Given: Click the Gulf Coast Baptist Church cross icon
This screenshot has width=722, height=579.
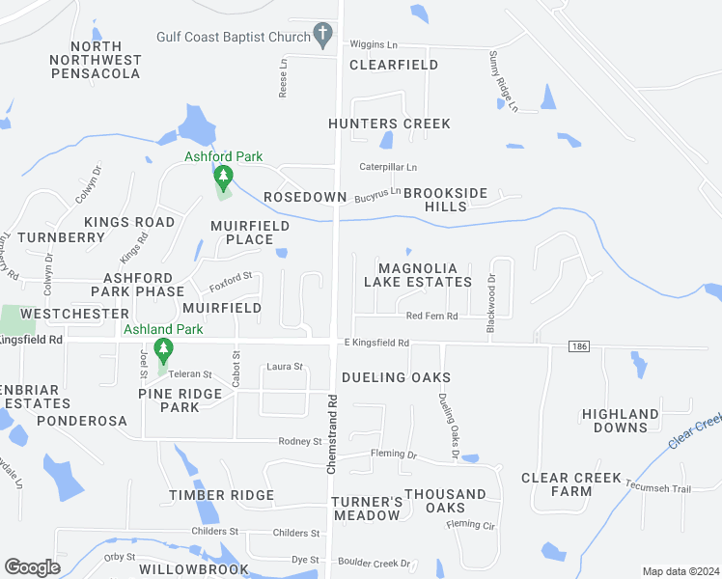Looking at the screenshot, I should [x=323, y=37].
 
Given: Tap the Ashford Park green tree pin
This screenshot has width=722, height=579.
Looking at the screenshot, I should [x=224, y=178].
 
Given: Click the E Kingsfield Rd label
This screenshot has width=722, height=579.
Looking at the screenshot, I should [x=376, y=343].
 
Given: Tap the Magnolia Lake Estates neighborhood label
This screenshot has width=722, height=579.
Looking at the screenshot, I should [x=417, y=275].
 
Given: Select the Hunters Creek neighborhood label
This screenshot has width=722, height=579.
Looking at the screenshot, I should [x=389, y=124].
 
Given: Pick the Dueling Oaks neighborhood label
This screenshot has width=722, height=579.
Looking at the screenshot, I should [x=396, y=377].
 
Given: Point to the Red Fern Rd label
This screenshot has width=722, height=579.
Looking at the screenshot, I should [x=431, y=316].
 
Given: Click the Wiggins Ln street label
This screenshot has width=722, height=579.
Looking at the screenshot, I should [x=374, y=44].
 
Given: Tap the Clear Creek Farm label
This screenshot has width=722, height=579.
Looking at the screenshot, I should [x=570, y=484].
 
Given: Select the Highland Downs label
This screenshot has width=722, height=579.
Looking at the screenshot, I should [x=621, y=421].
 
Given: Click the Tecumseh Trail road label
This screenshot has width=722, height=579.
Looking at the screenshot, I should [x=657, y=488].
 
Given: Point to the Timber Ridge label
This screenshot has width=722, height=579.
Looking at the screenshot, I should [x=222, y=495].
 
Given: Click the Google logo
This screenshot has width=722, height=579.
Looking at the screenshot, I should [x=32, y=567].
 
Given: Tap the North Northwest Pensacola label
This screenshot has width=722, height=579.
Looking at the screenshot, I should [x=96, y=60].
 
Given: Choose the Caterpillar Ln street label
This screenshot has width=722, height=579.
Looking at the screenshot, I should [x=388, y=167].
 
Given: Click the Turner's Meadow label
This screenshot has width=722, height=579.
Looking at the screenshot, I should [x=366, y=509].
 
